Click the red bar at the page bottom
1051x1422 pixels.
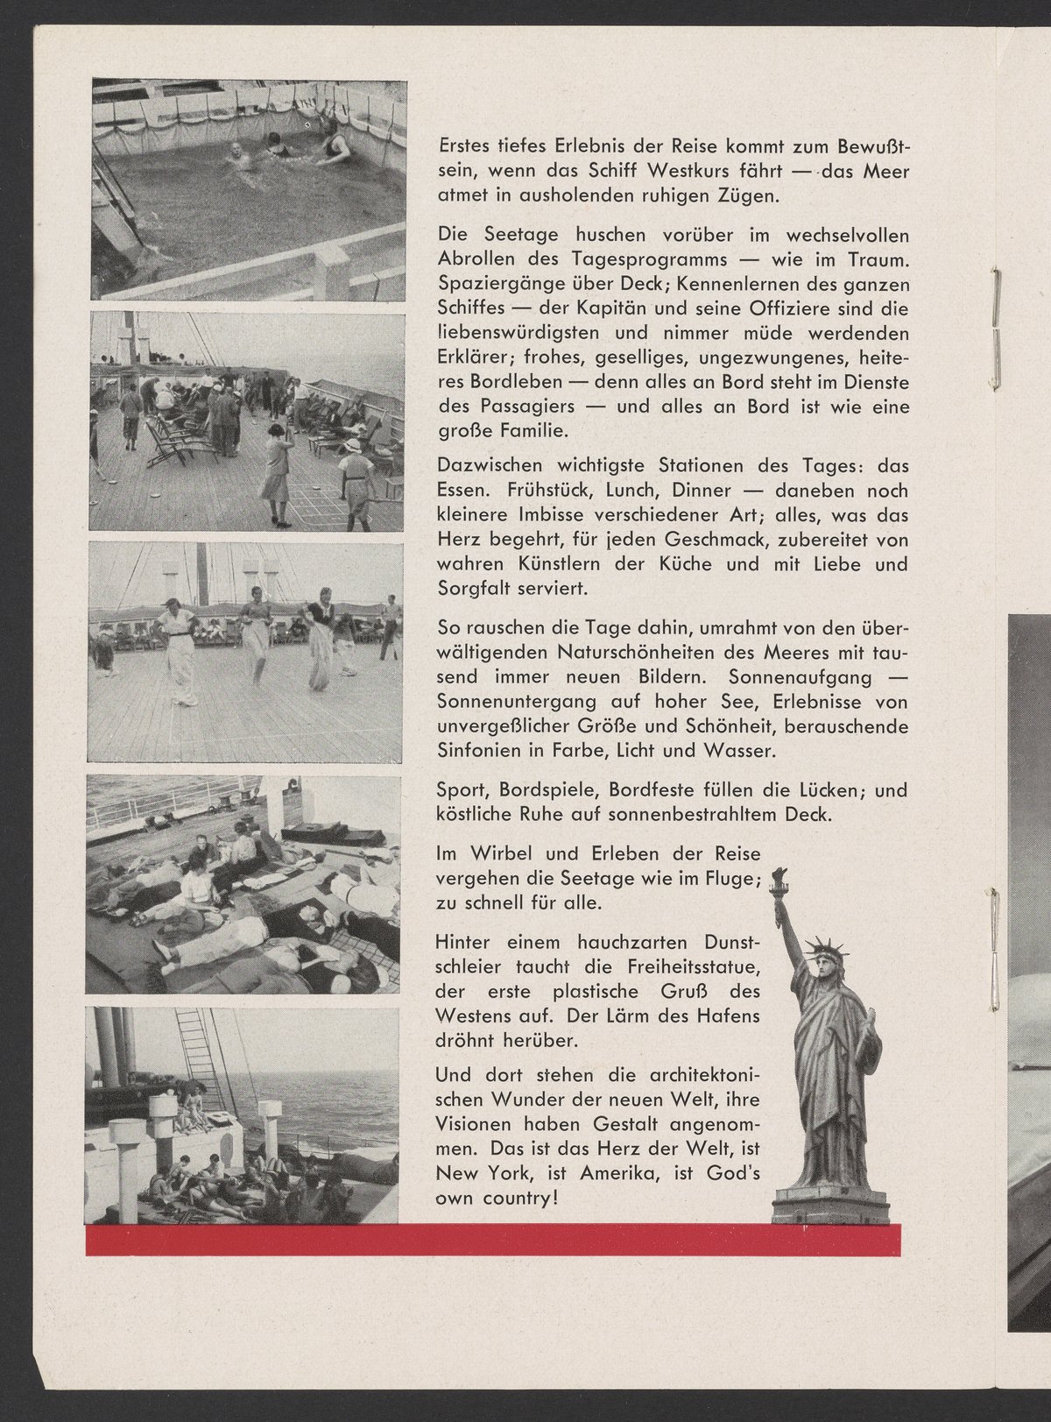(x=493, y=1240)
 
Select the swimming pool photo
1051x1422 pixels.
(x=249, y=190)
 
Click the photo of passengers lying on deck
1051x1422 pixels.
(x=244, y=885)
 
